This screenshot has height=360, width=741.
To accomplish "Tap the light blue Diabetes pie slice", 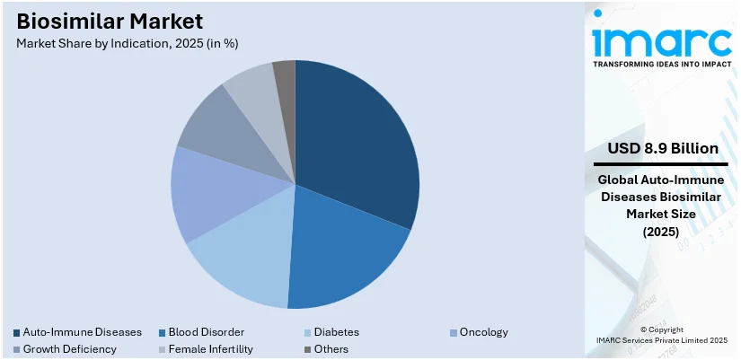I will pyautogui.click(x=243, y=265).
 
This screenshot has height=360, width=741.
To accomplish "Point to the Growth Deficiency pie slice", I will pyautogui.click(x=220, y=126).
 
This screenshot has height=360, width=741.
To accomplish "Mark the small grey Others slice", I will pyautogui.click(x=285, y=76).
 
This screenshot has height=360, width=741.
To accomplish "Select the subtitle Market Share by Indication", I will pyautogui.click(x=127, y=42).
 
